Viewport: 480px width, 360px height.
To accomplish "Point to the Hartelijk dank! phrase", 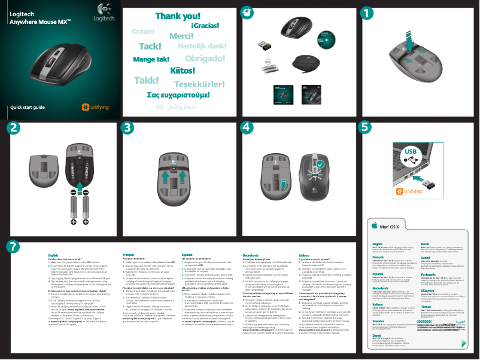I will click(x=202, y=46).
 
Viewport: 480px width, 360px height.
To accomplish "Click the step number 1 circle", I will click(x=369, y=13).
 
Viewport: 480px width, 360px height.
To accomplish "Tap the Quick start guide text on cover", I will click(x=27, y=108).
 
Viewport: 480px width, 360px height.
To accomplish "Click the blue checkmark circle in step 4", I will click(x=321, y=163).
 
